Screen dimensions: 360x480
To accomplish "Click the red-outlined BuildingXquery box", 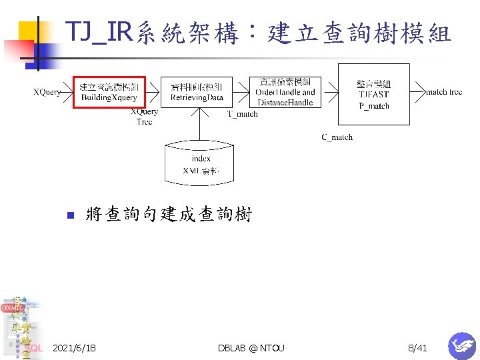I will (109, 92).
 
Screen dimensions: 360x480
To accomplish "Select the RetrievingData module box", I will (197, 92).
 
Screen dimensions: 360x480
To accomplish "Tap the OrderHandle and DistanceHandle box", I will (285, 92).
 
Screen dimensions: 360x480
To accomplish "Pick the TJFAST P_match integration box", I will (373, 93).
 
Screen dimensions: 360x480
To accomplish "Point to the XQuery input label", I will (47, 92).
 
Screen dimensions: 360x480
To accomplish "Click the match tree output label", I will (443, 92).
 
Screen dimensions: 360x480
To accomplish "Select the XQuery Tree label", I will (144, 117).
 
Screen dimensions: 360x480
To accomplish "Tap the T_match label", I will (242, 114).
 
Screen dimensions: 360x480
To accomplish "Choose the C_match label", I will (337, 137).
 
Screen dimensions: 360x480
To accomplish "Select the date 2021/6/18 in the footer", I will (74, 348).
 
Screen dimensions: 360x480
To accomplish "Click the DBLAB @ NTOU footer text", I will (251, 348).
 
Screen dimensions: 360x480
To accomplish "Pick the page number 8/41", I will (417, 348).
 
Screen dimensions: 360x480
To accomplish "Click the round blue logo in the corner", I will (462, 345).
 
